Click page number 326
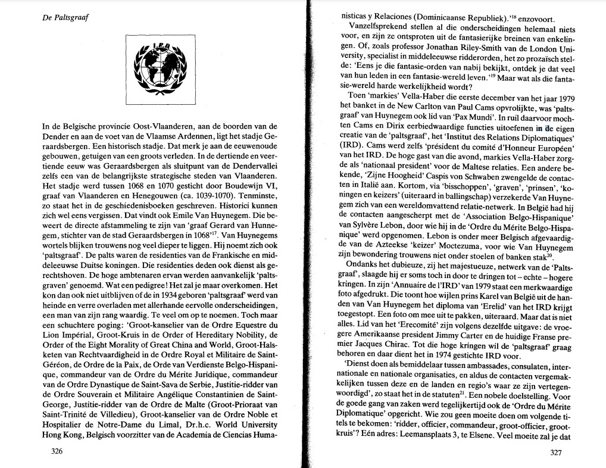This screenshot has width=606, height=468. point(57,452)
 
